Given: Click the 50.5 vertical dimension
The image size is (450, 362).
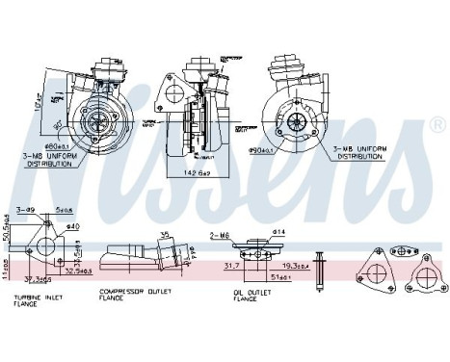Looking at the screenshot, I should tap(8, 227).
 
